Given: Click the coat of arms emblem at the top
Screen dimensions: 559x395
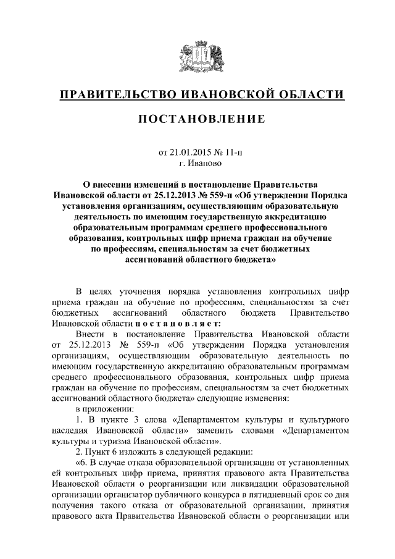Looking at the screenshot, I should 197,56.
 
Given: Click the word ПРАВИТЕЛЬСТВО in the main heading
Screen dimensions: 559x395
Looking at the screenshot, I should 114,95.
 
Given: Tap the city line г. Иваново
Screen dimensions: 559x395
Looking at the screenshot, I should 197,164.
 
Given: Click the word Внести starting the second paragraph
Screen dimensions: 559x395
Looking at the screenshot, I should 88,334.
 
